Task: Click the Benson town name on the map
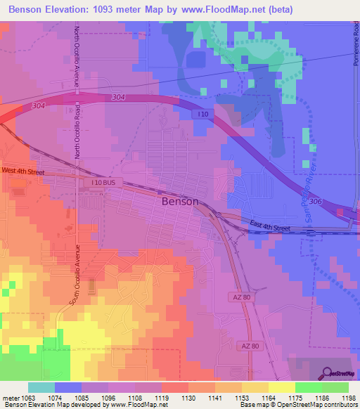[180, 200]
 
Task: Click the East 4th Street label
[270, 226]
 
